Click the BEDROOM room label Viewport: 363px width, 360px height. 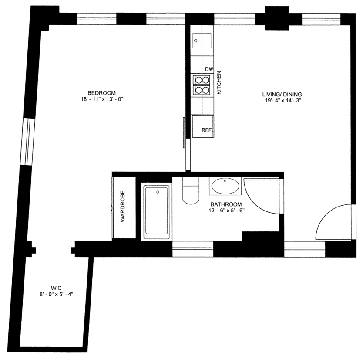click(101, 93)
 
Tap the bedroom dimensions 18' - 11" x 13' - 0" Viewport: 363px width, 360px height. click(101, 99)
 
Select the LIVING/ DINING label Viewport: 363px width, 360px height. click(282, 94)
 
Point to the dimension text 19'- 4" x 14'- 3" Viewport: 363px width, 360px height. click(282, 101)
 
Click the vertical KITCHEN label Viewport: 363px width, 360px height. click(219, 82)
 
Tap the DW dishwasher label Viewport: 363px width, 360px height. click(209, 69)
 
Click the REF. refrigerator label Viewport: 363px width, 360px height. click(207, 130)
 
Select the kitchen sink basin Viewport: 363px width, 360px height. click(202, 41)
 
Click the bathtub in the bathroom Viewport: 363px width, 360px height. click(156, 211)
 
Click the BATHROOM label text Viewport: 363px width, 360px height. click(226, 204)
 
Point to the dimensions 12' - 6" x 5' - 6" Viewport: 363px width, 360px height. click(226, 211)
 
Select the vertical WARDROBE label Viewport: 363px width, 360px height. click(123, 206)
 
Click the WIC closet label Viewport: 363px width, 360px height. click(56, 288)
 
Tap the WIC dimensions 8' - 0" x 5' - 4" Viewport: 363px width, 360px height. click(56, 294)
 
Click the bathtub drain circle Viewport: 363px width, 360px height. click(158, 192)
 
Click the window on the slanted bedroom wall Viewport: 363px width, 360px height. click(27, 142)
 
